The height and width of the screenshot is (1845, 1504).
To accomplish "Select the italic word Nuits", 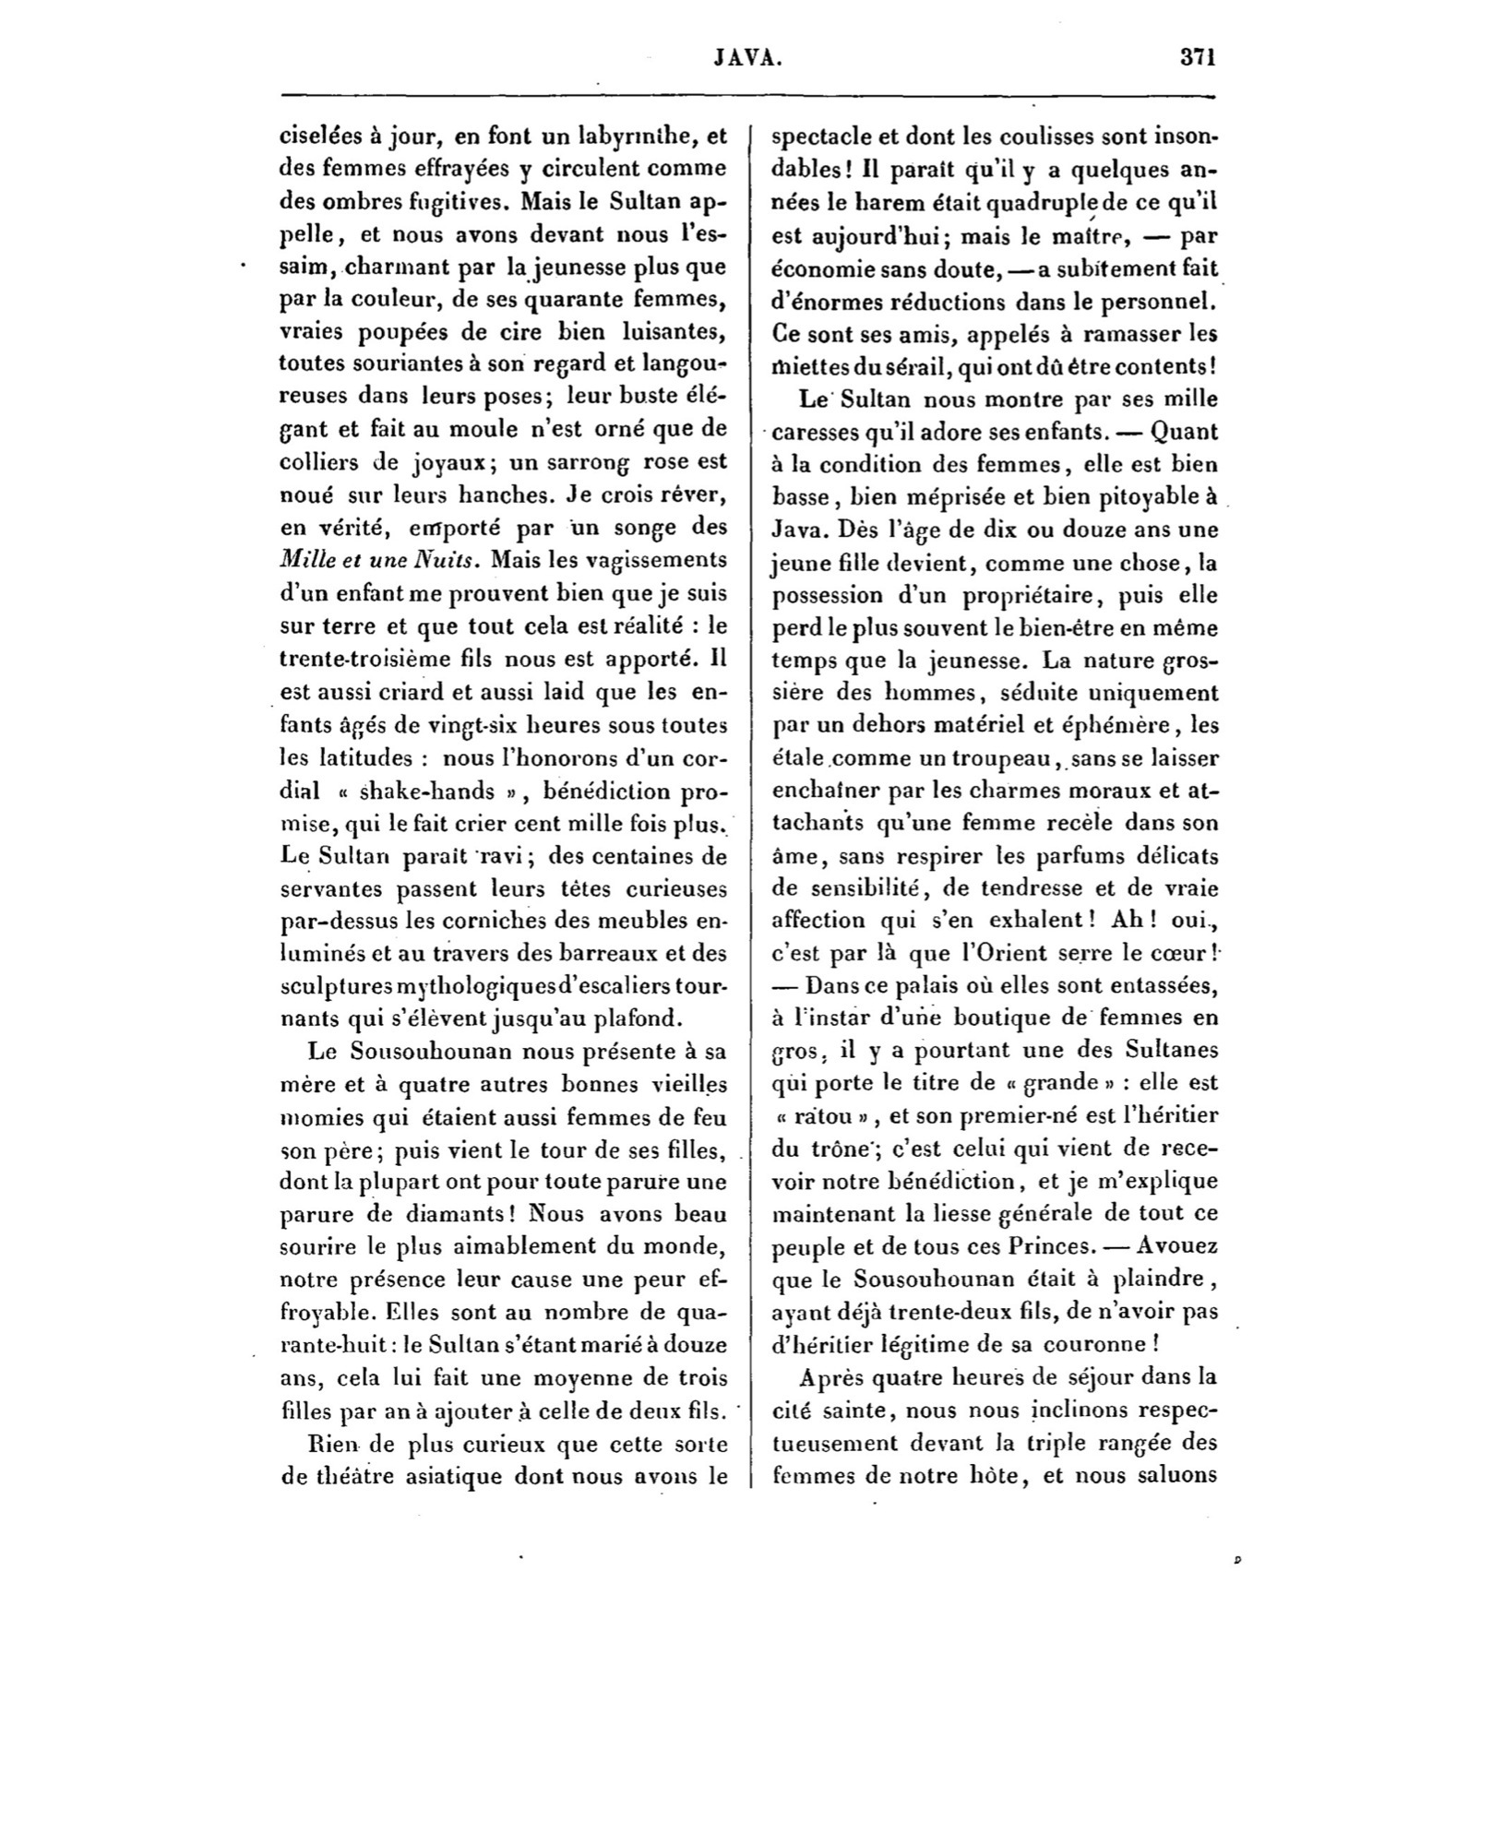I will (x=454, y=560).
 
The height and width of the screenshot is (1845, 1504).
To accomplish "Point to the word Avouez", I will (x=1179, y=1245).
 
